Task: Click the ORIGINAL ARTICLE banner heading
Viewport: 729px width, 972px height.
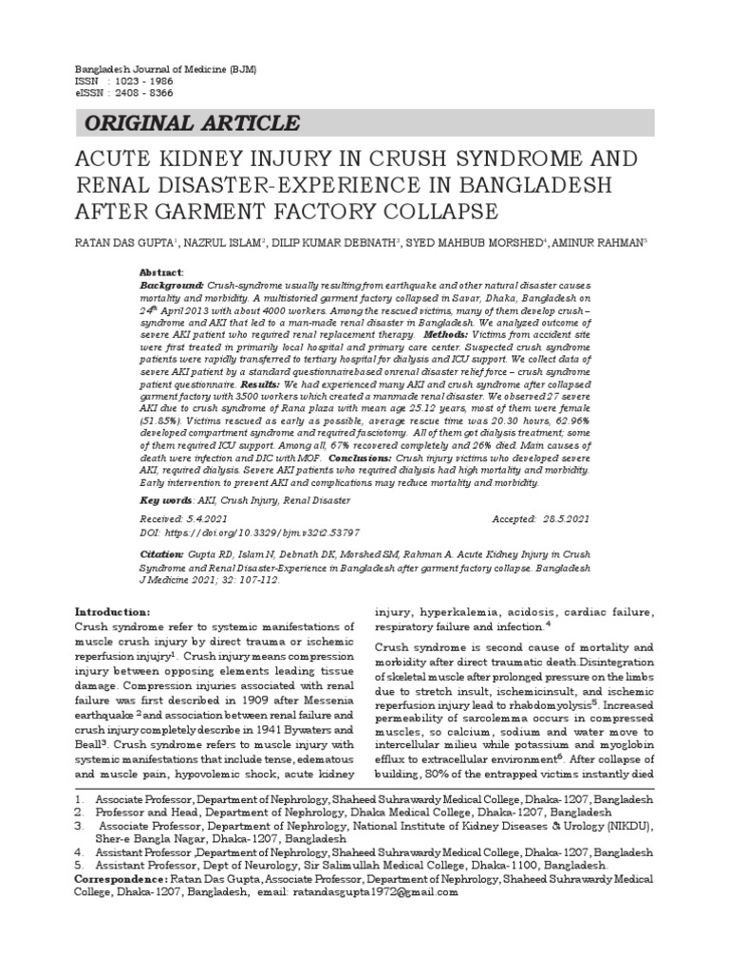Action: [193, 123]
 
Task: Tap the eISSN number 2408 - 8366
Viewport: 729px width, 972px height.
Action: [142, 96]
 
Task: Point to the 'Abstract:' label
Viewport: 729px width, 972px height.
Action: [161, 271]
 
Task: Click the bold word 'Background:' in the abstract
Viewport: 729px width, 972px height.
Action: [172, 286]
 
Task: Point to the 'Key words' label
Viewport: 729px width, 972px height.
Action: [164, 499]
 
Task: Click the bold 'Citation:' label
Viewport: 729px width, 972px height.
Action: [160, 552]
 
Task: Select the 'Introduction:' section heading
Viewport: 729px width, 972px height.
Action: [112, 611]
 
